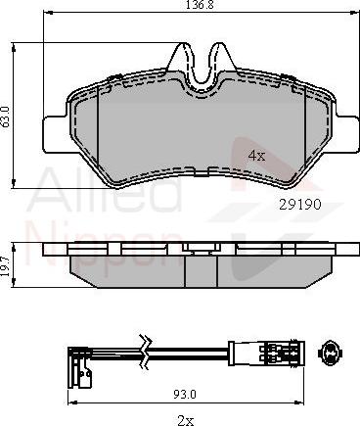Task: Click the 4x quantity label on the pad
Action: click(x=256, y=155)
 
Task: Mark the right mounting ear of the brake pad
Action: click(x=341, y=127)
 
